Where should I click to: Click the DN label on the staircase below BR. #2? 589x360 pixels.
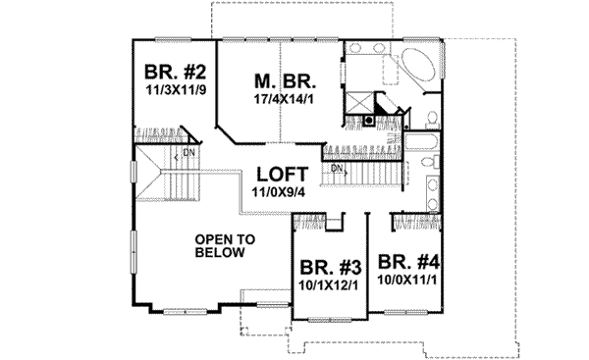point(188,154)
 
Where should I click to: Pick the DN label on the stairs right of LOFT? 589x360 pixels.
point(337,168)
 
